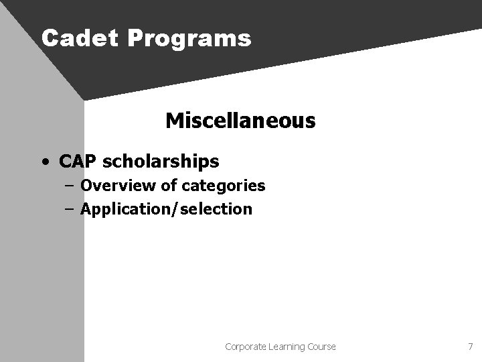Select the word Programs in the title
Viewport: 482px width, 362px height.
pos(189,39)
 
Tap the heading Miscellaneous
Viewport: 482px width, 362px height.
pos(240,121)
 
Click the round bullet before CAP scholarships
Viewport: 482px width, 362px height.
pos(44,162)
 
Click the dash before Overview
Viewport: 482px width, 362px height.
pos(69,186)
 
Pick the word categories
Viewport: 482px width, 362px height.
pos(220,186)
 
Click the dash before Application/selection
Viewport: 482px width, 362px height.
pos(69,209)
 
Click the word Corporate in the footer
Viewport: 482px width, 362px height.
pos(244,347)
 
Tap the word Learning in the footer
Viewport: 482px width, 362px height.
pos(286,347)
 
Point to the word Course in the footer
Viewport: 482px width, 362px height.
pos(322,347)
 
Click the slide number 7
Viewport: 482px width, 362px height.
pos(470,347)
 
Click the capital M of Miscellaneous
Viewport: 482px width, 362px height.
pos(173,121)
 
